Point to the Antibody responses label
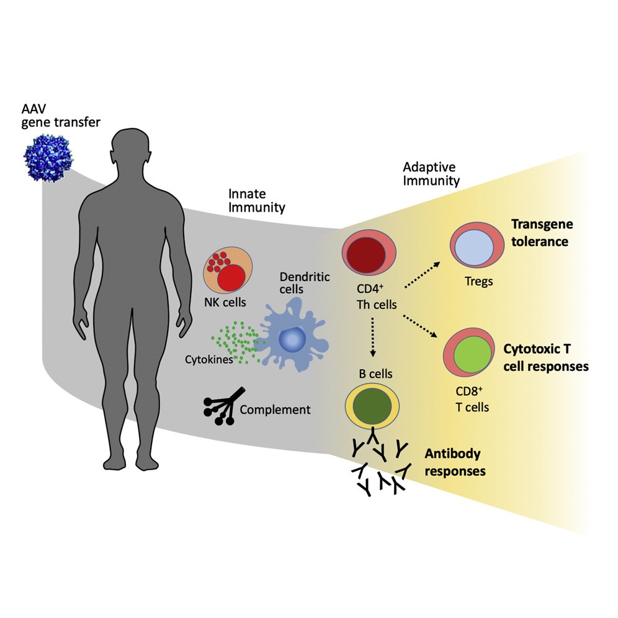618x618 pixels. (455, 463)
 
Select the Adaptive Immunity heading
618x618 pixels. (431, 174)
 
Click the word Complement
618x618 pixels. (274, 410)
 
